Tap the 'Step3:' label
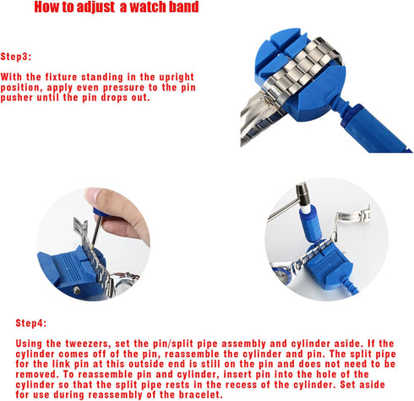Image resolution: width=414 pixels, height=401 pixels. pos(15,56)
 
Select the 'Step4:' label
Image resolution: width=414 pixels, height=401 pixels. pos(32,324)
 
